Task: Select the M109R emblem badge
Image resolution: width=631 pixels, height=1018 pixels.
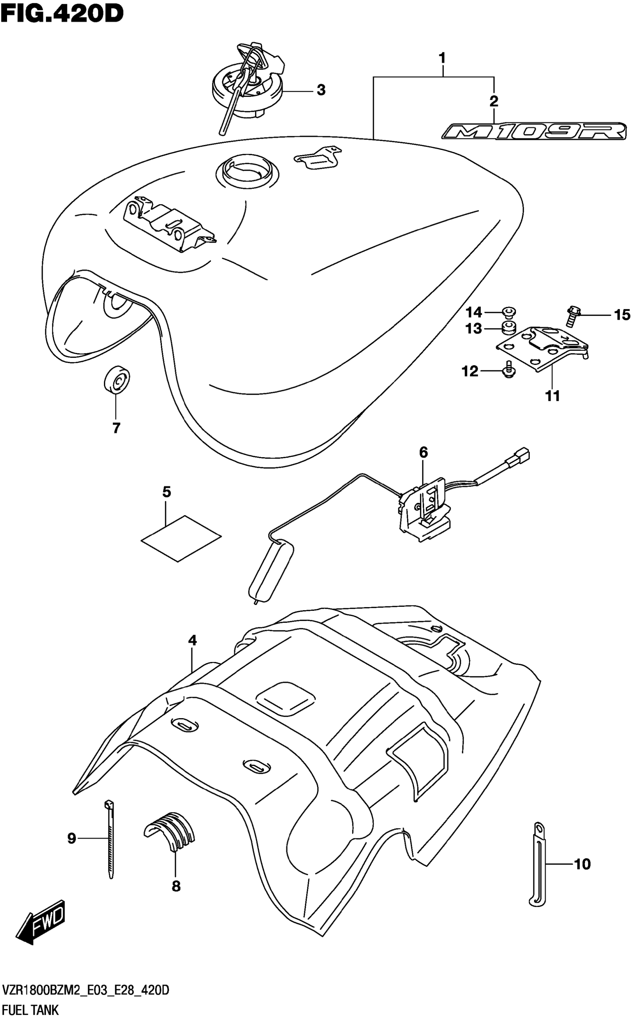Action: (534, 132)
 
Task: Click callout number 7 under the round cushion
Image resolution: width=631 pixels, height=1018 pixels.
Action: (117, 428)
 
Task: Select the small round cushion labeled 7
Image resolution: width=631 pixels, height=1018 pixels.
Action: (117, 379)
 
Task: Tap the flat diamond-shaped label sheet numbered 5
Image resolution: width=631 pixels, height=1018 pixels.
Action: (181, 538)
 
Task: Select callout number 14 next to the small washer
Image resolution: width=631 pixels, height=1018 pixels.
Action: (474, 312)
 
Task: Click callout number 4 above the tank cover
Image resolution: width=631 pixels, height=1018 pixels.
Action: (192, 641)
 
